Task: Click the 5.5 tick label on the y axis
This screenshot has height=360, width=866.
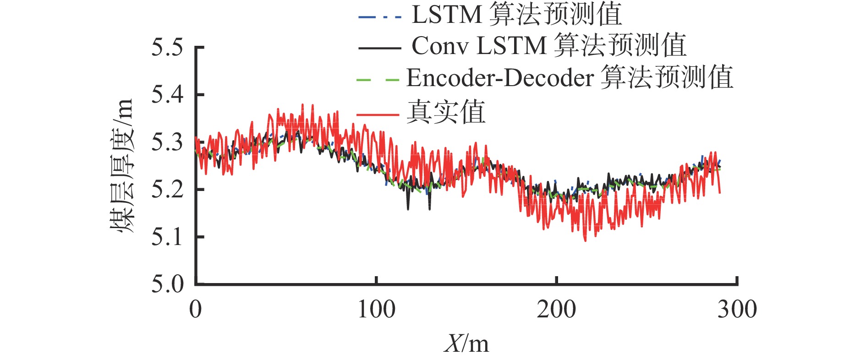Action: tap(167, 48)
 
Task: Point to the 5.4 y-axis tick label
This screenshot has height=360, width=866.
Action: tap(167, 95)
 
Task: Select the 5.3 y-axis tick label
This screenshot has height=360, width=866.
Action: tap(167, 142)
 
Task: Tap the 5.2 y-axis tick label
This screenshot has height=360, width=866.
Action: tap(167, 190)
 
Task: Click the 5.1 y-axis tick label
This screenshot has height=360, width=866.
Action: tap(167, 237)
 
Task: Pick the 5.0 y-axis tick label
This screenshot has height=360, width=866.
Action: tap(167, 284)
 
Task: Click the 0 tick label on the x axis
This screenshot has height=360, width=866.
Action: tap(196, 310)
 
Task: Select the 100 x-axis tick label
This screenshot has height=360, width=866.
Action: tap(376, 310)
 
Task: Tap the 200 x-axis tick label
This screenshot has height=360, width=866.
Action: tap(556, 310)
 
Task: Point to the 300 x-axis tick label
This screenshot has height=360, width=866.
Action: tap(737, 310)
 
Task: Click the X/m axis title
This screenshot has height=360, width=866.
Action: tap(466, 344)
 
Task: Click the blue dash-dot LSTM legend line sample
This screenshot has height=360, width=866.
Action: tap(379, 17)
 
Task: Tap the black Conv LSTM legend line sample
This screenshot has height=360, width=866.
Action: tap(379, 48)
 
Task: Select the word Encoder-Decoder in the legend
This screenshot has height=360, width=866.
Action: tap(500, 78)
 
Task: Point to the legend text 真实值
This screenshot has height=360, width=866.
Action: tap(446, 112)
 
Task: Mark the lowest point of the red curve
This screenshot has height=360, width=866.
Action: tap(585, 240)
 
